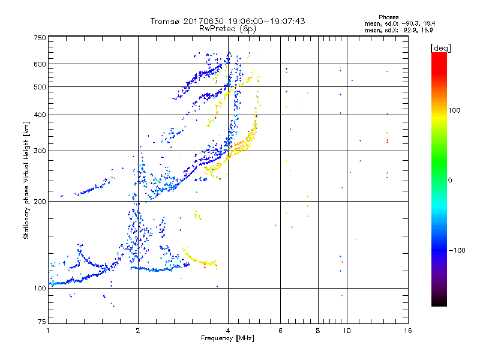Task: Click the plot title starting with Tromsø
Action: [x=227, y=21]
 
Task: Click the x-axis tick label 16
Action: [x=407, y=331]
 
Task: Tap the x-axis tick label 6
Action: [x=280, y=331]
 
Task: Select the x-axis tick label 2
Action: [x=138, y=331]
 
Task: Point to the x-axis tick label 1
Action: [x=48, y=331]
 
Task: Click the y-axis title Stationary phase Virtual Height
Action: [x=26, y=180]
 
